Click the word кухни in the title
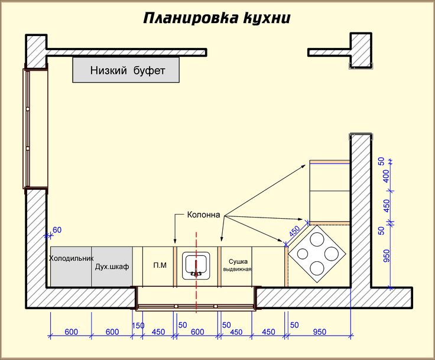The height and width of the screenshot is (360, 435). (x=267, y=18)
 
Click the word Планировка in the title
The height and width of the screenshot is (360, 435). (x=191, y=18)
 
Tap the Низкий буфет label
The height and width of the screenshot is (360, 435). (x=128, y=70)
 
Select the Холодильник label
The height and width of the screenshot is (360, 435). (x=72, y=258)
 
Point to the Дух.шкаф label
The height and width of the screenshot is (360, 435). (x=112, y=267)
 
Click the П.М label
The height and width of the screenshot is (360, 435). (x=160, y=265)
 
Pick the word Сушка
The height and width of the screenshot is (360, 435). (x=238, y=261)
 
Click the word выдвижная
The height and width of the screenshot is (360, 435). (x=237, y=269)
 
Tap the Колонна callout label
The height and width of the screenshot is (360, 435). (x=204, y=215)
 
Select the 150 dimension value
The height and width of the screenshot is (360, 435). (x=138, y=325)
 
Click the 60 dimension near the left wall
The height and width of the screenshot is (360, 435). (x=57, y=230)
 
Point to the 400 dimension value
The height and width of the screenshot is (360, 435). (x=386, y=176)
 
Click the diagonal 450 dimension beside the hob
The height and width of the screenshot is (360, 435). (x=294, y=231)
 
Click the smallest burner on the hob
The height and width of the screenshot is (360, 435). (x=303, y=254)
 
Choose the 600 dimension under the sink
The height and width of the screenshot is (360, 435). (x=197, y=332)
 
